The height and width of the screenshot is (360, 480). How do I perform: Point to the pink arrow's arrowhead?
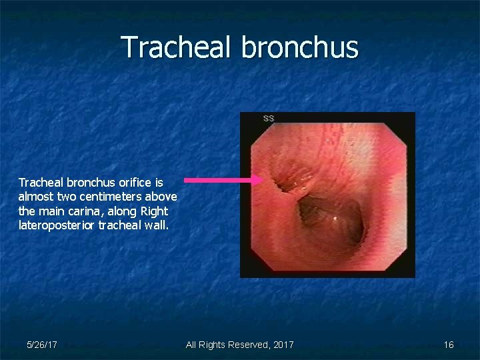coord(258,180)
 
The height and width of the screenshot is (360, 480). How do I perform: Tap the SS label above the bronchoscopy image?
coord(268,119)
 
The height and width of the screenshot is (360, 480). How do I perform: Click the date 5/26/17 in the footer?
coord(41,345)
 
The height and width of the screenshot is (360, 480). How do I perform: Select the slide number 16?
coord(449,345)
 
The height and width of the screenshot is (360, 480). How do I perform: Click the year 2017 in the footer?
coord(281,345)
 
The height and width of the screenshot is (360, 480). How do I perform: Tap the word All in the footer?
coord(191,345)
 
